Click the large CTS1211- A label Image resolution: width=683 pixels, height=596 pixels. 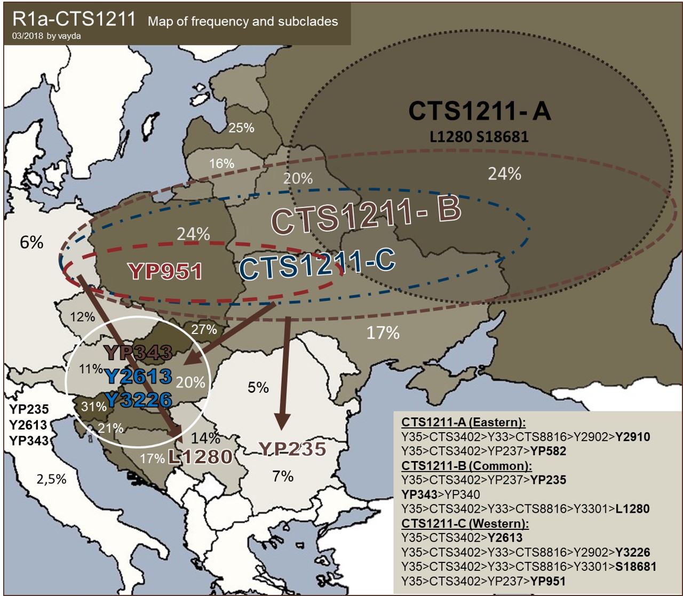479,111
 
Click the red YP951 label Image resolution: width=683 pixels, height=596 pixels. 165,271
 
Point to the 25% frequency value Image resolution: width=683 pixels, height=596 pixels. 241,128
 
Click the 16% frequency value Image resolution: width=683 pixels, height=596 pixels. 221,164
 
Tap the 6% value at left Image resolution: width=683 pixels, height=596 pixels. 31,242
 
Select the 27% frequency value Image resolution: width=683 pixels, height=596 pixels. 204,329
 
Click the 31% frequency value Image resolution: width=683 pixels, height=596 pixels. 94,407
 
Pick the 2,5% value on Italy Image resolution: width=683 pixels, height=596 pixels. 52,479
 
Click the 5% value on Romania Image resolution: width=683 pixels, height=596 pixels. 258,387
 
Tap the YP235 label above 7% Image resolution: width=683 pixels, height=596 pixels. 292,449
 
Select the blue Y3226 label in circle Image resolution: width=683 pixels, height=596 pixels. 139,400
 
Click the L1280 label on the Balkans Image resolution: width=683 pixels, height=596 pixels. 200,457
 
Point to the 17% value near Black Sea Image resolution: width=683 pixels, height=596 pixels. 383,333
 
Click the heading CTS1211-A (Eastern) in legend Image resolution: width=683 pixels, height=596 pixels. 463,423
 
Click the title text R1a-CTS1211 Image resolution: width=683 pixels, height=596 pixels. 75,20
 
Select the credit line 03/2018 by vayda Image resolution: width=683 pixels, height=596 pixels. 46,36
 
